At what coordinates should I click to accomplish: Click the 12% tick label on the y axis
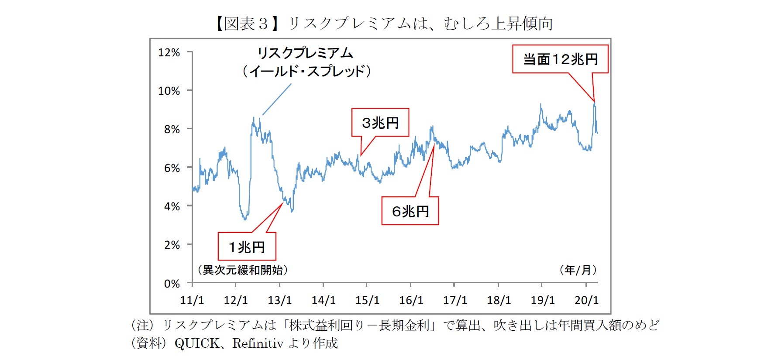pos(169,53)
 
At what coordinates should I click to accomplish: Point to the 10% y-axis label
pos(169,91)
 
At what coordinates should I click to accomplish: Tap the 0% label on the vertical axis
pos(172,284)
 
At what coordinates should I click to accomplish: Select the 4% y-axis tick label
pos(172,206)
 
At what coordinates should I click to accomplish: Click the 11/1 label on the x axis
pos(192,301)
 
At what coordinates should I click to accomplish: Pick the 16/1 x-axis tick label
pos(411,301)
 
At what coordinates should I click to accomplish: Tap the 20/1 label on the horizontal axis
pos(586,301)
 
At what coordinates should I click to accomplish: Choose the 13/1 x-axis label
pos(279,301)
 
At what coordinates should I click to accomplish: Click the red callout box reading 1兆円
pos(247,247)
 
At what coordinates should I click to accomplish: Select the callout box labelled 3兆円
pos(380,123)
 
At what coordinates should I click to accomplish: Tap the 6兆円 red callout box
pos(410,211)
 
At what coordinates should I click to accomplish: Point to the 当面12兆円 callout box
pos(560,59)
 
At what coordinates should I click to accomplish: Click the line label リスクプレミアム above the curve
pos(305,53)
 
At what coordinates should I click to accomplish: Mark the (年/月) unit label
pos(578,270)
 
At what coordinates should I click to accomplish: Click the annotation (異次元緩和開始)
pos(243,270)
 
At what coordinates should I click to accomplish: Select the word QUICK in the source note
pos(197,344)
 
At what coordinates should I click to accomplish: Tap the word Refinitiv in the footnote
pos(258,344)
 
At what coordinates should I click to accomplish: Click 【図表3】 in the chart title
pos(247,24)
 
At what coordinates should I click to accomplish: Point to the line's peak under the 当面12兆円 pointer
pos(594,103)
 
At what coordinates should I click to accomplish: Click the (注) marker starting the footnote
pos(142,325)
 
